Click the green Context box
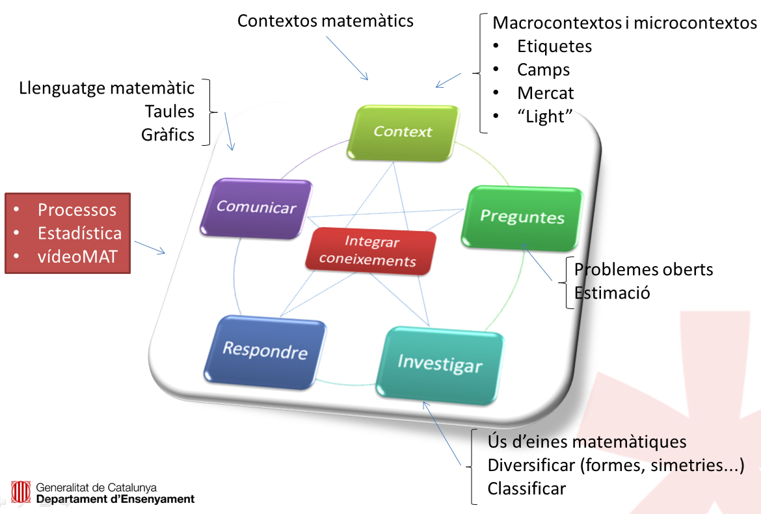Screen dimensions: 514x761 click(403, 132)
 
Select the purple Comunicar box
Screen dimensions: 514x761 click(256, 207)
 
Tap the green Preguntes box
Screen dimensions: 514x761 click(522, 216)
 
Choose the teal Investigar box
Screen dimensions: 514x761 click(440, 362)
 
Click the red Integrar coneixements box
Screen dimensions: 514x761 click(371, 251)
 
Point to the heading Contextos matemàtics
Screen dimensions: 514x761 click(325, 21)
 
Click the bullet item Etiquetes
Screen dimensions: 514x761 click(554, 46)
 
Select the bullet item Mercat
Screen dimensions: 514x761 click(545, 93)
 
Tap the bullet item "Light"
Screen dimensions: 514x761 click(544, 116)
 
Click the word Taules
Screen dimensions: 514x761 click(170, 111)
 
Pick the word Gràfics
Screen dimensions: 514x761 click(168, 135)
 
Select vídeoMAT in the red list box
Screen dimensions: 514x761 click(77, 256)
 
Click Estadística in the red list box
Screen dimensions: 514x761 click(79, 233)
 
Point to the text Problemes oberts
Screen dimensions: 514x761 click(643, 269)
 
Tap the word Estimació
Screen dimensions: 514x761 click(612, 293)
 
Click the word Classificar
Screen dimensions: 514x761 click(527, 488)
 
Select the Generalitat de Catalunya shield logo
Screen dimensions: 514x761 click(20, 493)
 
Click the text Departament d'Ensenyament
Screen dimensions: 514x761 click(115, 499)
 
